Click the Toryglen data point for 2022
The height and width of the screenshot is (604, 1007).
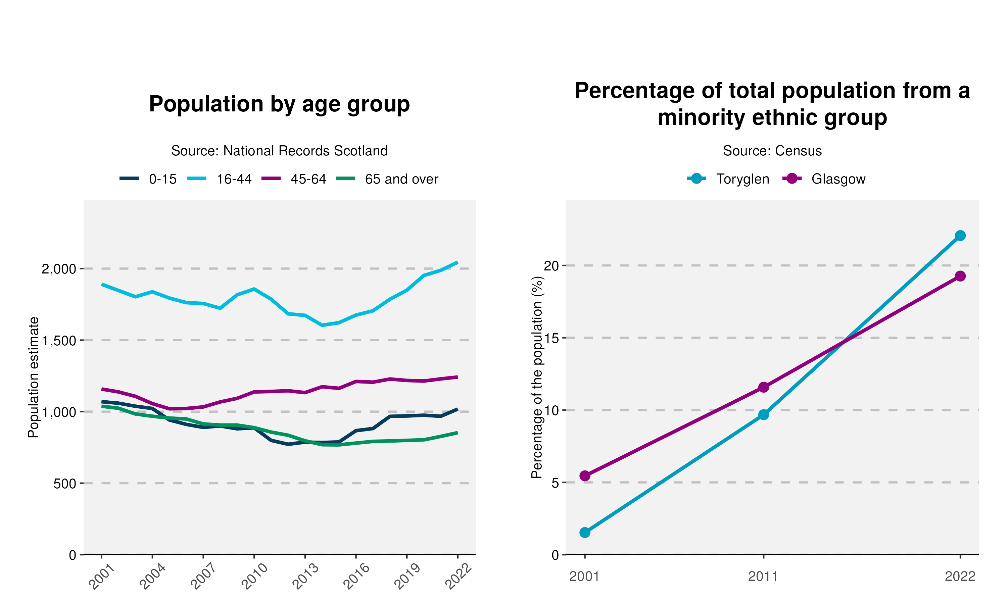960,236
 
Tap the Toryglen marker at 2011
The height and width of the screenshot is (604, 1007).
764,415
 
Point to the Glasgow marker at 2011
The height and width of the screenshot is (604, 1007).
764,387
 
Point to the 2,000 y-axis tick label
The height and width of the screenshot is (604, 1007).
59,269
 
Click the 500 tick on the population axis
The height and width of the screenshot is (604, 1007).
65,484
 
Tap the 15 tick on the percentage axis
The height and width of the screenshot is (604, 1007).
552,338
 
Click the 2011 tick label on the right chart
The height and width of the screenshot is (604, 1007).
763,576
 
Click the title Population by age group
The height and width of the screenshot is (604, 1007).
279,104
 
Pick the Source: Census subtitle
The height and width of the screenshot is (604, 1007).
772,151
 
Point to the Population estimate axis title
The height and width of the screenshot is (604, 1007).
33,377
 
